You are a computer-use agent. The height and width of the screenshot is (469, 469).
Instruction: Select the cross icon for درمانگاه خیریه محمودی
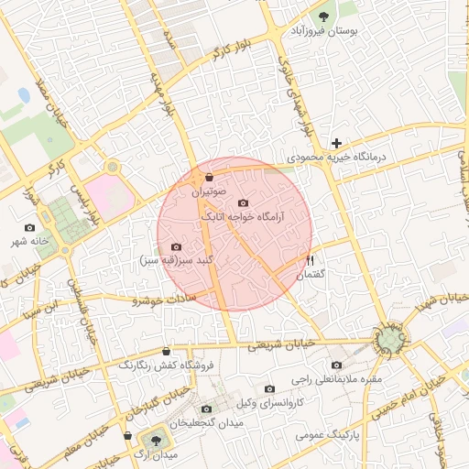(338, 143)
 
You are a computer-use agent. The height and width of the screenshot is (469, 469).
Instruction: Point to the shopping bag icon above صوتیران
(210, 177)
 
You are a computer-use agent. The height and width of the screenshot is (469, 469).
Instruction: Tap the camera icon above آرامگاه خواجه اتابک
(243, 202)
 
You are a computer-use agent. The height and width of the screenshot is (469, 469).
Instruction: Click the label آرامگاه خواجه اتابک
(243, 217)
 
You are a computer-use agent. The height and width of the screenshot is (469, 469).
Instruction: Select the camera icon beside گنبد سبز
(176, 247)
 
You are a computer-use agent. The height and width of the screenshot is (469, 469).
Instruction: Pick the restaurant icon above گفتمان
(311, 260)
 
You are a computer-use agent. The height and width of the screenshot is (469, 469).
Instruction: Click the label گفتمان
(311, 275)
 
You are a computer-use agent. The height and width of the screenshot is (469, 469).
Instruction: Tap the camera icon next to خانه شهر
(30, 227)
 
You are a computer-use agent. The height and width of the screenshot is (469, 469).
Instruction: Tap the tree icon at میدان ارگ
(153, 442)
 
